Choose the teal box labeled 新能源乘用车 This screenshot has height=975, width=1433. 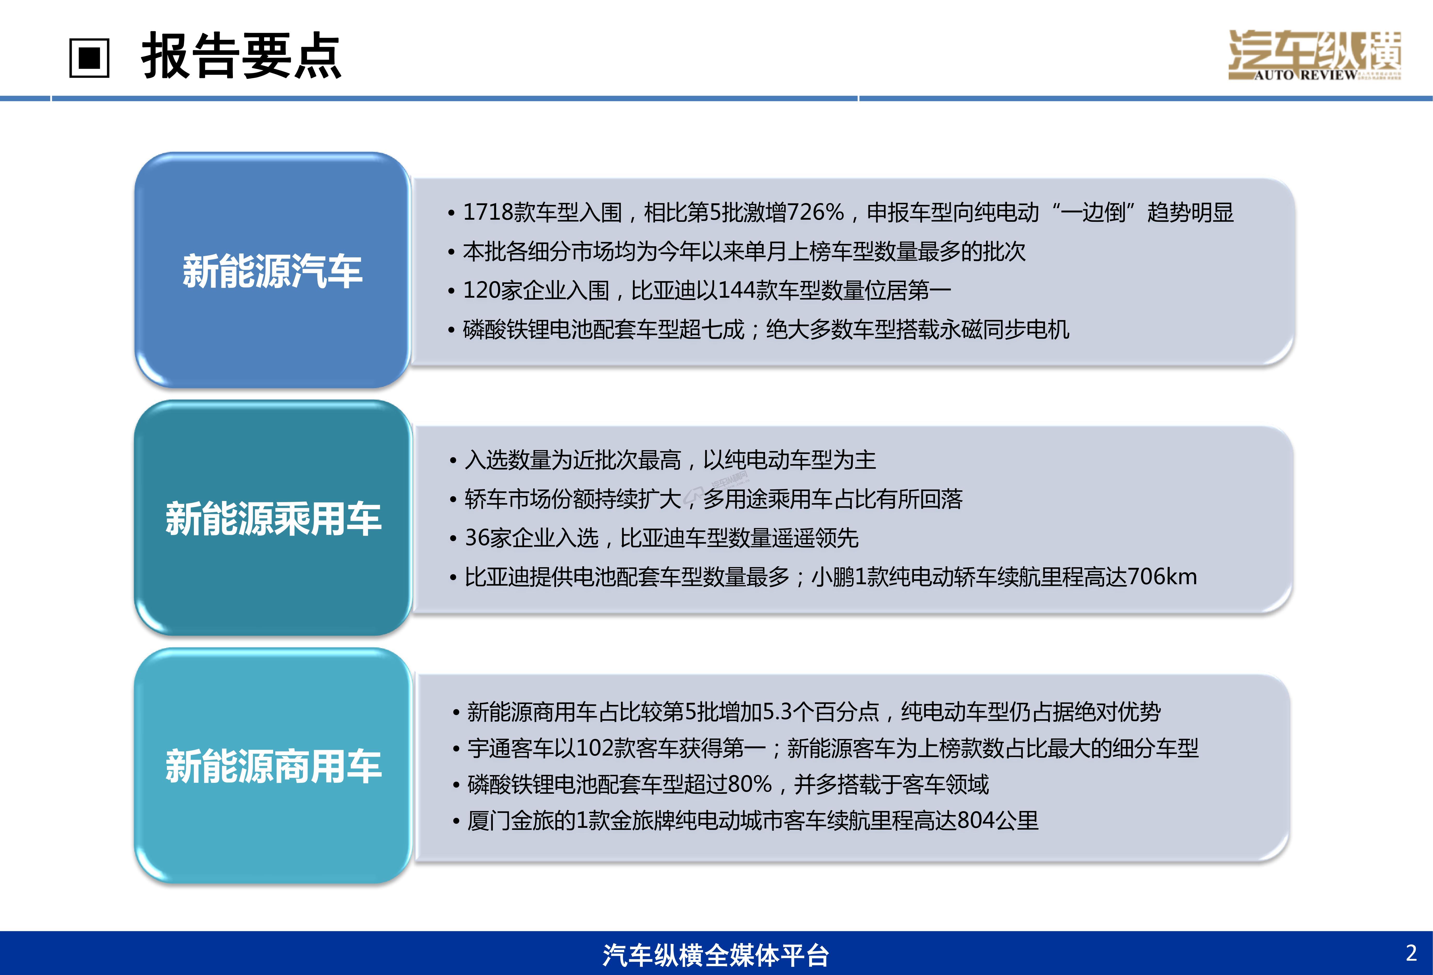click(x=273, y=518)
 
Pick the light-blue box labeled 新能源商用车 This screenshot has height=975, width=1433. click(x=273, y=766)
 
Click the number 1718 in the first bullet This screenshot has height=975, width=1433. click(x=488, y=212)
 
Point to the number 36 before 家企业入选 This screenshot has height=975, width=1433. click(x=477, y=538)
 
